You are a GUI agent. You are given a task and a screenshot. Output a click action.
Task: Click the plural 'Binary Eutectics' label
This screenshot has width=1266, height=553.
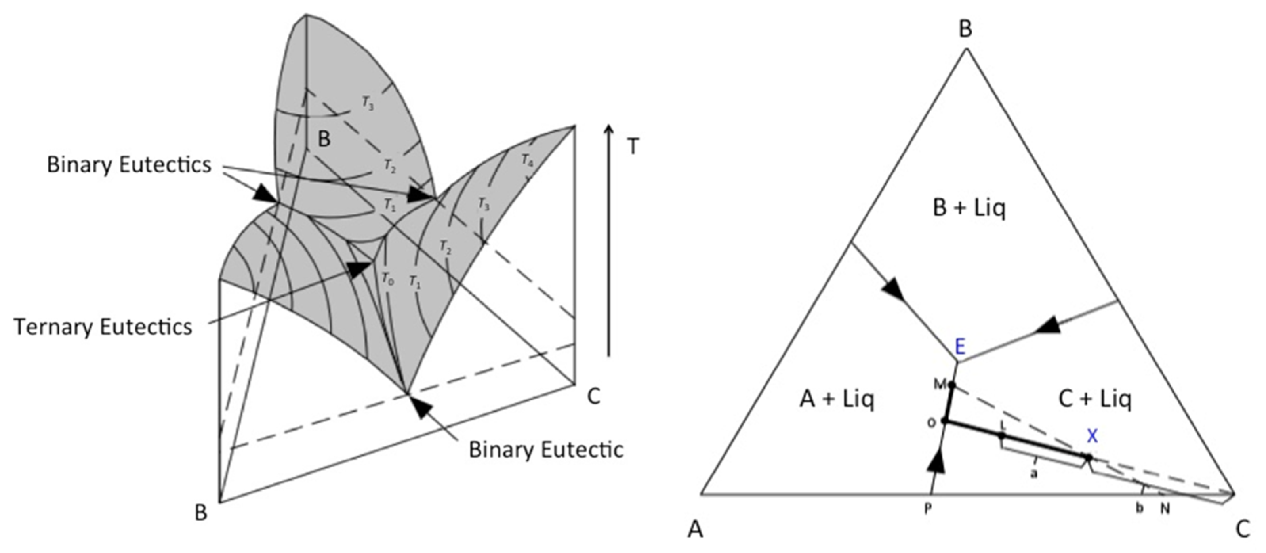click(x=129, y=165)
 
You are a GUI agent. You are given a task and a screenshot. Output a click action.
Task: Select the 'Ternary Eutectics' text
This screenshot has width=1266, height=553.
click(x=103, y=327)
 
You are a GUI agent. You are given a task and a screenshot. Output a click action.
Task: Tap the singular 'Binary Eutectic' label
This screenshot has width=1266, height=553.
click(x=545, y=450)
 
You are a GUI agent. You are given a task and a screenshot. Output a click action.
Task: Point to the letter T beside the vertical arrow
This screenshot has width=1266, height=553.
click(x=633, y=147)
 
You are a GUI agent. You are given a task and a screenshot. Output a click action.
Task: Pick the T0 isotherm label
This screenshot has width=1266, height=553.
click(x=388, y=278)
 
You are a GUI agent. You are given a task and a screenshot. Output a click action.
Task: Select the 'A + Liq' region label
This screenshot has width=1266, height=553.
click(x=837, y=399)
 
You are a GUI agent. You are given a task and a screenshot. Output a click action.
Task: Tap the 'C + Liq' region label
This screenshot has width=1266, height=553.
click(x=1095, y=399)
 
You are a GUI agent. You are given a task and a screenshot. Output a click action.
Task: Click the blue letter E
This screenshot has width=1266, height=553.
click(x=960, y=347)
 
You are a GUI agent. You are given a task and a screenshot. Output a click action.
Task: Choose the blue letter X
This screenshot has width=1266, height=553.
click(x=1092, y=435)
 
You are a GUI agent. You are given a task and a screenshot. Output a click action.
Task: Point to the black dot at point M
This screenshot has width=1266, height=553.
click(x=952, y=385)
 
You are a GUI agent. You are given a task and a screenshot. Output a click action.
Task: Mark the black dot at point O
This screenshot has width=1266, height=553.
click(x=944, y=421)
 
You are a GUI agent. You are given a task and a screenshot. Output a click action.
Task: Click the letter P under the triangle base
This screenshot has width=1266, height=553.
click(x=927, y=509)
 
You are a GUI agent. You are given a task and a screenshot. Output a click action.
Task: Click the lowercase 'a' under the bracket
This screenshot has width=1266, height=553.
click(x=1033, y=474)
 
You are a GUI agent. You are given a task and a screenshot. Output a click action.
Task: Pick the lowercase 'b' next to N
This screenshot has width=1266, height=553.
click(x=1140, y=508)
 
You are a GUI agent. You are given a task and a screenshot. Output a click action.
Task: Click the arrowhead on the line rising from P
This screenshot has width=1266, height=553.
click(x=938, y=462)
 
